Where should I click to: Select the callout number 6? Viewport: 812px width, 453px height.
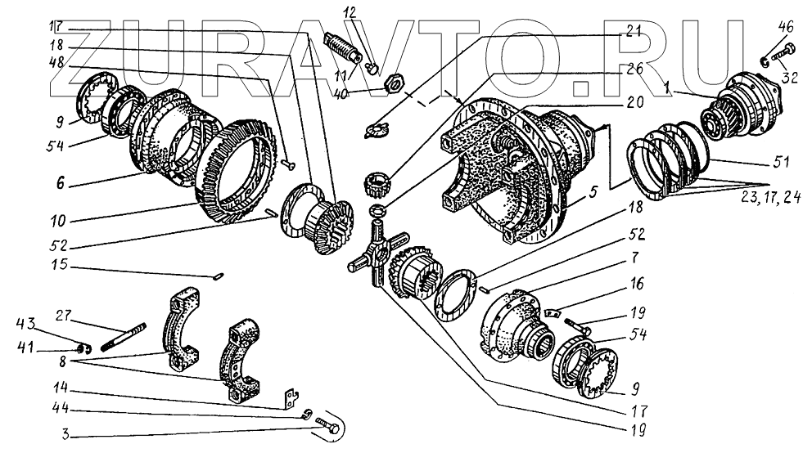61,182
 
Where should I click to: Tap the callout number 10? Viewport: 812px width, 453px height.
58,221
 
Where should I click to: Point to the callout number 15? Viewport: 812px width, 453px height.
60,264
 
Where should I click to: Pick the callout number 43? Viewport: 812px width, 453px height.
25,325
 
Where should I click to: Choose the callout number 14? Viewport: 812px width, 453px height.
61,388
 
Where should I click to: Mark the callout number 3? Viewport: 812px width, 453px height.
65,434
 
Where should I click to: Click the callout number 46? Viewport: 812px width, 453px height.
786,27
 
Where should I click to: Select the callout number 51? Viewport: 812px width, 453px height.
781,162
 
